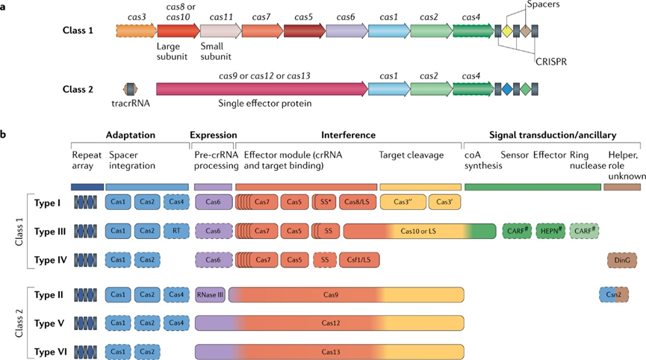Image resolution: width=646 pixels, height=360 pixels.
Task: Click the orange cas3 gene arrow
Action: (135, 31)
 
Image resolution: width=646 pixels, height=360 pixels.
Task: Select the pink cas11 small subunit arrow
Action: (219, 31)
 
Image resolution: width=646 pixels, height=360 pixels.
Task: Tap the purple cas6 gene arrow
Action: (345, 31)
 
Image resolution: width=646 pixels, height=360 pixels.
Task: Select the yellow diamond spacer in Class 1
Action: (506, 31)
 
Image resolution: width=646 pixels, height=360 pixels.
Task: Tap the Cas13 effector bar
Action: (329, 350)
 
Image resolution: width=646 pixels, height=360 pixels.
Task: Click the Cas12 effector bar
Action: (329, 323)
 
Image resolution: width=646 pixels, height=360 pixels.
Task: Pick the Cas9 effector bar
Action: (329, 295)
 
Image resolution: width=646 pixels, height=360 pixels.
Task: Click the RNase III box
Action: (211, 295)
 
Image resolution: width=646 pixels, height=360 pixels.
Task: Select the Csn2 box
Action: (614, 295)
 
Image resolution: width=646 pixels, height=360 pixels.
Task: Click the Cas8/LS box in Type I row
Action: (357, 202)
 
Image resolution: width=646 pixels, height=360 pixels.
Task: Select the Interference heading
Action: (348, 135)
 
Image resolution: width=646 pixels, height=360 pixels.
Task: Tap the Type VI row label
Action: (51, 350)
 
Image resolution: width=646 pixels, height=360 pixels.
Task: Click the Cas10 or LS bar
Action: (420, 232)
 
